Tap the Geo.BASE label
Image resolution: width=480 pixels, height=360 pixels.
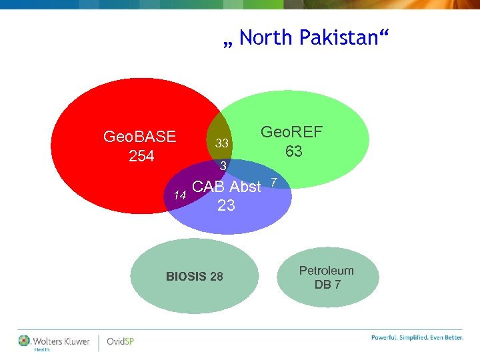pyautogui.click(x=140, y=137)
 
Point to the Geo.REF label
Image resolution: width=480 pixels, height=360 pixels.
pyautogui.click(x=291, y=132)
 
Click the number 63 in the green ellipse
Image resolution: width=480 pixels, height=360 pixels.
pyautogui.click(x=293, y=152)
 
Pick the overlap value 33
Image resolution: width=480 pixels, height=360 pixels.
pyautogui.click(x=222, y=144)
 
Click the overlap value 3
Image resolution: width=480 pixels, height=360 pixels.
pyautogui.click(x=224, y=165)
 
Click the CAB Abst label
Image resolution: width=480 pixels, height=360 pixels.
pyautogui.click(x=226, y=187)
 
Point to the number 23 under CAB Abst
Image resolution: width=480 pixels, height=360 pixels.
pyautogui.click(x=226, y=206)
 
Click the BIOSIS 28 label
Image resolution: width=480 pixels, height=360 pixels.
pyautogui.click(x=195, y=276)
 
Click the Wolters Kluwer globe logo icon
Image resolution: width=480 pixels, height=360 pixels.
pyautogui.click(x=25, y=341)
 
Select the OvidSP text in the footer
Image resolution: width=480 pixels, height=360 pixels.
pyautogui.click(x=121, y=342)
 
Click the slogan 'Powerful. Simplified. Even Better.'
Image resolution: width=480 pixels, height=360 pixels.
pyautogui.click(x=417, y=337)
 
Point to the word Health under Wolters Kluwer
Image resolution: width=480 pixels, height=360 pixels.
pyautogui.click(x=41, y=349)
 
